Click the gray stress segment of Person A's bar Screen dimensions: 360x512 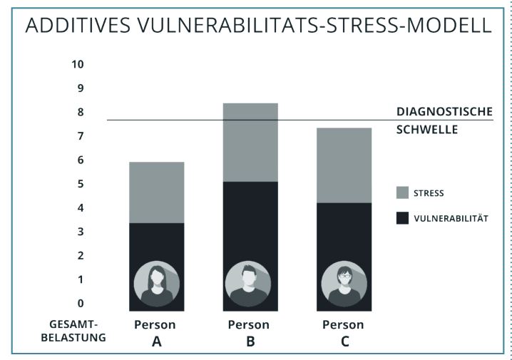156,192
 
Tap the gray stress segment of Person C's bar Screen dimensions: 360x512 344,165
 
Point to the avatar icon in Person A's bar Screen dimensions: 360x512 156,284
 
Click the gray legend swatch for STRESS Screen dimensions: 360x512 402,192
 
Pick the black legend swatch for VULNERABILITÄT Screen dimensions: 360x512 402,217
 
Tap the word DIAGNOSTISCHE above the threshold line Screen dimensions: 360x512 444,112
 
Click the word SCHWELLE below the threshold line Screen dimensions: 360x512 426,130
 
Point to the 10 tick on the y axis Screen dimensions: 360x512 78,64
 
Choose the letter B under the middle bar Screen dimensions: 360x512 249,341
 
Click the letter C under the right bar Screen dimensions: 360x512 345,341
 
